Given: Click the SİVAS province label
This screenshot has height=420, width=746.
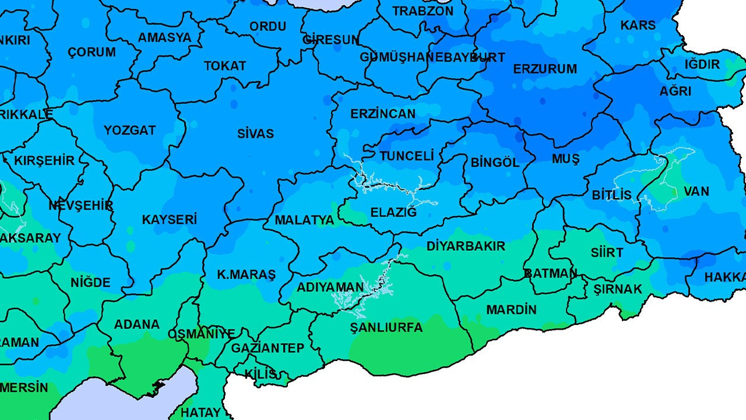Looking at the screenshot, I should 255,134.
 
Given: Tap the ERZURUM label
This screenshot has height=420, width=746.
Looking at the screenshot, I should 544,69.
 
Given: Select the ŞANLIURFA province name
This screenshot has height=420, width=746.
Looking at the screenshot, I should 386,328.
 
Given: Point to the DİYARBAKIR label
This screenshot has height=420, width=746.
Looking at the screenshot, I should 466,246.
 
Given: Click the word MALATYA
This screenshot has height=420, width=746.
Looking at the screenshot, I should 304,220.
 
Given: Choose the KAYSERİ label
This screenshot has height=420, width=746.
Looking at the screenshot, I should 170,220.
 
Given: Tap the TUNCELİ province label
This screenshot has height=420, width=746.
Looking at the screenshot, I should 407,156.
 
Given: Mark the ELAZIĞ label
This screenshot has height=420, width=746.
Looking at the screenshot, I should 394,212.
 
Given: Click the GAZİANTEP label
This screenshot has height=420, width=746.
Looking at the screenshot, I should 268,348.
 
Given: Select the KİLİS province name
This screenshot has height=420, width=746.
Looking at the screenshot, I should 261,374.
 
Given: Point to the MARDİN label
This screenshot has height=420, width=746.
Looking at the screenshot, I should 511,310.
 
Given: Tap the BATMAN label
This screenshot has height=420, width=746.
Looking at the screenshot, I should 550,274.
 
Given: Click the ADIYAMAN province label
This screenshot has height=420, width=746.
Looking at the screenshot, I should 330,288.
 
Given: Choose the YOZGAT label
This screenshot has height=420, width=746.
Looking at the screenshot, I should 129,130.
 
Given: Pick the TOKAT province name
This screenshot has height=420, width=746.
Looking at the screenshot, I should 225,66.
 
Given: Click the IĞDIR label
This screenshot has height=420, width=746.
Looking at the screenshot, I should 702,64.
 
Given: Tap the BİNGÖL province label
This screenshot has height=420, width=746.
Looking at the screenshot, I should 494,163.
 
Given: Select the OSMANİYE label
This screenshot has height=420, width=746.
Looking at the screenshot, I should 201,334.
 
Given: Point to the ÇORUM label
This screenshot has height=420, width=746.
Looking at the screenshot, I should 92,52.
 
